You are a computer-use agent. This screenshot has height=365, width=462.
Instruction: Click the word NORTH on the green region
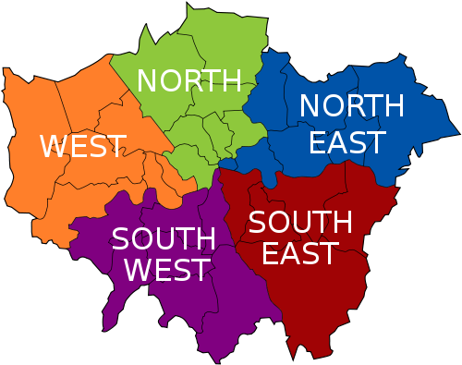tap(189, 81)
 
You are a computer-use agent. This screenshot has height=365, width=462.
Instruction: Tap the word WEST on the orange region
tap(83, 146)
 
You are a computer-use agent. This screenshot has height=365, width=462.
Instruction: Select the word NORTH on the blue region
tap(352, 106)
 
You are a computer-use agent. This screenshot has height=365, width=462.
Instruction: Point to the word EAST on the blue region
tap(346, 142)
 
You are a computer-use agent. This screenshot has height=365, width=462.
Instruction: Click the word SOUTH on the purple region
tap(164, 239)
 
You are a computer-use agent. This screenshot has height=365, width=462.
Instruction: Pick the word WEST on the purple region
tap(167, 271)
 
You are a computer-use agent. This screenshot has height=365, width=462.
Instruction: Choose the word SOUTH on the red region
tap(300, 222)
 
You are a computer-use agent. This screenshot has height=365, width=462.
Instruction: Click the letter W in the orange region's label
tap(55, 146)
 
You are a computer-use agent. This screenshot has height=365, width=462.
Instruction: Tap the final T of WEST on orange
tap(116, 146)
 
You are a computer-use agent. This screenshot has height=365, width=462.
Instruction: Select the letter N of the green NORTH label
tap(147, 81)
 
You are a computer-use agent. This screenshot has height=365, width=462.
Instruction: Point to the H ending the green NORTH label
tap(231, 81)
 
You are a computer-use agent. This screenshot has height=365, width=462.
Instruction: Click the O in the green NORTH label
tap(169, 81)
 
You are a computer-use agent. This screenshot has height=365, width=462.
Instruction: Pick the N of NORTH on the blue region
tap(310, 106)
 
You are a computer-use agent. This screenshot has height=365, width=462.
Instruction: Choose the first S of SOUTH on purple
tap(121, 239)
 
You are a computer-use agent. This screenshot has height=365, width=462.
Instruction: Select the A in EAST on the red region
tap(286, 253)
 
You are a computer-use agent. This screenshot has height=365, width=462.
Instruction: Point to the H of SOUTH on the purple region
tap(205, 239)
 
